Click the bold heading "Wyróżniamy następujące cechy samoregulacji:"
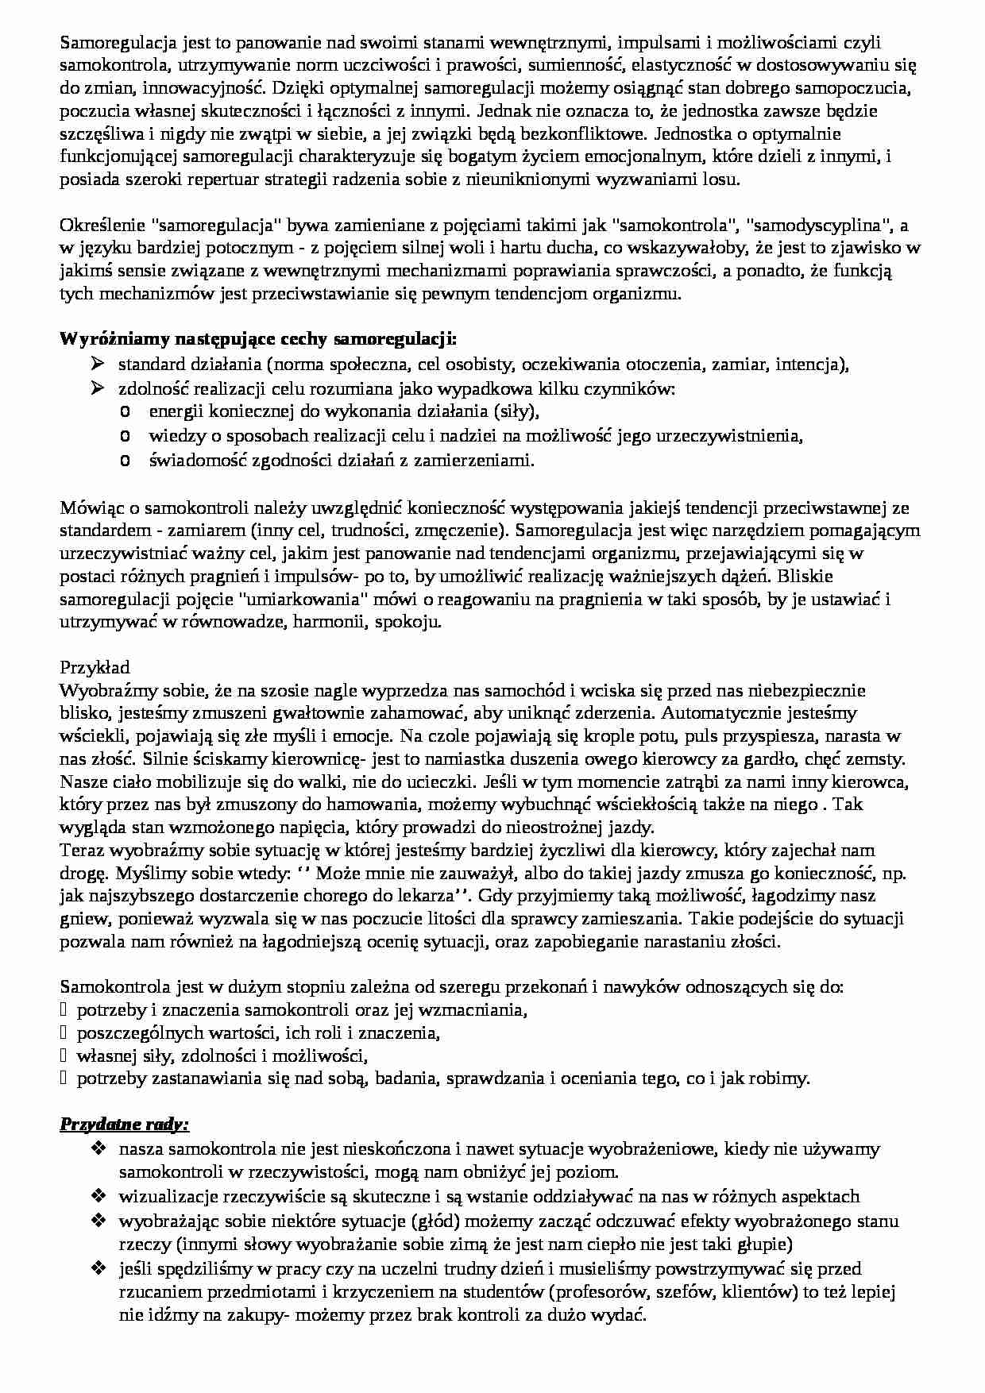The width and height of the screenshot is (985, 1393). click(258, 340)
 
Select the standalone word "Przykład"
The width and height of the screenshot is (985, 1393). click(95, 666)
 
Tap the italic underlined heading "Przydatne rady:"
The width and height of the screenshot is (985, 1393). click(125, 1125)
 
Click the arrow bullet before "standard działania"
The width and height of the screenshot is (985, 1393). click(98, 365)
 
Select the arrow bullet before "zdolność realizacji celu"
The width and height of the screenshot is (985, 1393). click(98, 388)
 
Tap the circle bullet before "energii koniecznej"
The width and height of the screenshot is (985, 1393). click(126, 412)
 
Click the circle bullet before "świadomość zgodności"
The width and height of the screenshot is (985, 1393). click(126, 460)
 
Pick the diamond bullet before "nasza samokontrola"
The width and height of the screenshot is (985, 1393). click(98, 1148)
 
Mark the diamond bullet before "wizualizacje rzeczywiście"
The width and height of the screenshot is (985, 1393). click(98, 1196)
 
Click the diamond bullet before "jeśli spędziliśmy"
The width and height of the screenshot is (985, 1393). click(98, 1268)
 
